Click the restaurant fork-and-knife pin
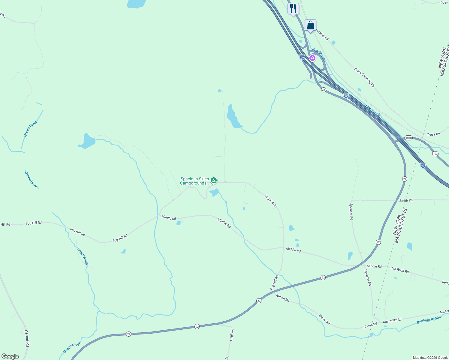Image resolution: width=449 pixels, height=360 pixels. click(293, 8)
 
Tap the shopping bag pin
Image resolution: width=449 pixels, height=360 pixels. click(310, 25)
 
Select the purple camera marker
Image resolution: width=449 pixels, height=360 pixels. click(312, 58)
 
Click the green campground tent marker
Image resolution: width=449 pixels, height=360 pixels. click(213, 180)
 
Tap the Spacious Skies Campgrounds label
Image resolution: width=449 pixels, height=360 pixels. click(194, 181)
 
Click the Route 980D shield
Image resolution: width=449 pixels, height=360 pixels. click(408, 138)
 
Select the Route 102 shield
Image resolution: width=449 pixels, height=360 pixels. click(435, 154)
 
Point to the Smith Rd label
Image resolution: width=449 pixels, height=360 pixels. click(406, 200)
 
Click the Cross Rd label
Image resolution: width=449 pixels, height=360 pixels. click(433, 134)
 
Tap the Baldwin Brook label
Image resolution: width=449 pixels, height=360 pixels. click(429, 320)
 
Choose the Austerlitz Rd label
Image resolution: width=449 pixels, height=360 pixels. click(392, 321)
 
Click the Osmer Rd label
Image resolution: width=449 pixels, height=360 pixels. click(26, 338)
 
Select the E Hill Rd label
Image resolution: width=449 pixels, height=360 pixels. click(231, 335)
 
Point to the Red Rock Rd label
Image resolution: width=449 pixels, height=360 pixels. click(399, 270)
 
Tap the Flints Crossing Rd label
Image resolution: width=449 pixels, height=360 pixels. click(364, 77)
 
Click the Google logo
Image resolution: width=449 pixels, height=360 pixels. click(10, 356)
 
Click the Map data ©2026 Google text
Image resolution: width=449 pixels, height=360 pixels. click(430, 358)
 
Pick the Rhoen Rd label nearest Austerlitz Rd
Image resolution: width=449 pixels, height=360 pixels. click(370, 325)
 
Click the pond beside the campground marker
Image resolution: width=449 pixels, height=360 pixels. click(214, 192)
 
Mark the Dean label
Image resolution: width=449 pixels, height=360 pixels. click(444, 3)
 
